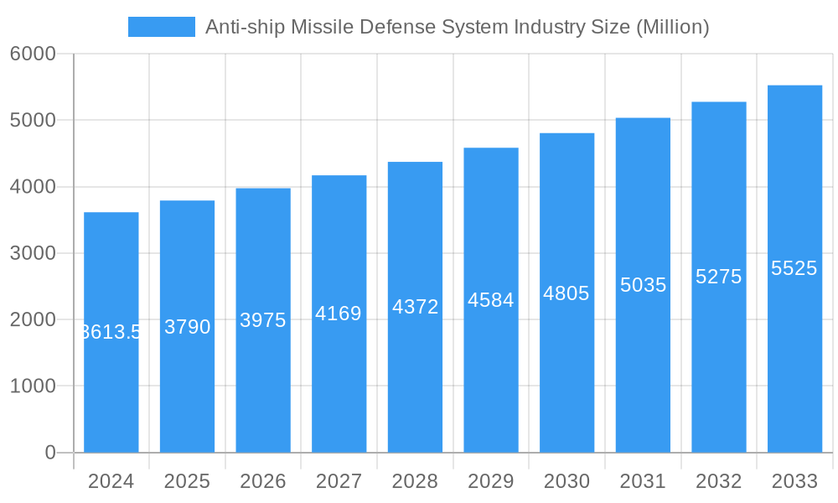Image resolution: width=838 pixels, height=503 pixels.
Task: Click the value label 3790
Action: pyautogui.click(x=187, y=327)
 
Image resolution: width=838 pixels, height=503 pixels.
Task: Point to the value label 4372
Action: pyautogui.click(x=415, y=307)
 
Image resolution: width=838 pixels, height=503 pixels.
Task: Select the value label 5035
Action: pyautogui.click(x=643, y=285)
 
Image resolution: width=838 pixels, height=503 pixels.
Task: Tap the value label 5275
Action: pyautogui.click(x=718, y=277)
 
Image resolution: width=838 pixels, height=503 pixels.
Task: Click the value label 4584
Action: pyautogui.click(x=490, y=300)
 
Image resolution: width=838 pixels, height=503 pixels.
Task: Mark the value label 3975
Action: pyautogui.click(x=263, y=320)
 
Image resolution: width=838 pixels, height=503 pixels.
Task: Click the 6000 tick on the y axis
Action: pyautogui.click(x=33, y=54)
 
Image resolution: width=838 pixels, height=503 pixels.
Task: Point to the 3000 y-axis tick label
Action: pyautogui.click(x=33, y=253)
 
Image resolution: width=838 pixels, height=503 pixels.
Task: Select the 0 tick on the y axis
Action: pyautogui.click(x=49, y=453)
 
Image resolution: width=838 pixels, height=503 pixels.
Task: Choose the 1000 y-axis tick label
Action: pyautogui.click(x=33, y=386)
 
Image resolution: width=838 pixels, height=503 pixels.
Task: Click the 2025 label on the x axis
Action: pyautogui.click(x=187, y=482)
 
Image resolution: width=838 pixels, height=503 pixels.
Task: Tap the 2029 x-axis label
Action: pyautogui.click(x=490, y=482)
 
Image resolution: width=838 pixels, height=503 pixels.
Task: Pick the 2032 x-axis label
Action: pyautogui.click(x=718, y=482)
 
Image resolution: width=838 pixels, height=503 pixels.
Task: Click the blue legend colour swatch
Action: pyautogui.click(x=161, y=27)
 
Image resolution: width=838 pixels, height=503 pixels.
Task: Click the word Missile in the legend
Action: pyautogui.click(x=323, y=27)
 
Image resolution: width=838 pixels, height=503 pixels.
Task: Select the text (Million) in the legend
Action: pyautogui.click(x=672, y=27)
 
